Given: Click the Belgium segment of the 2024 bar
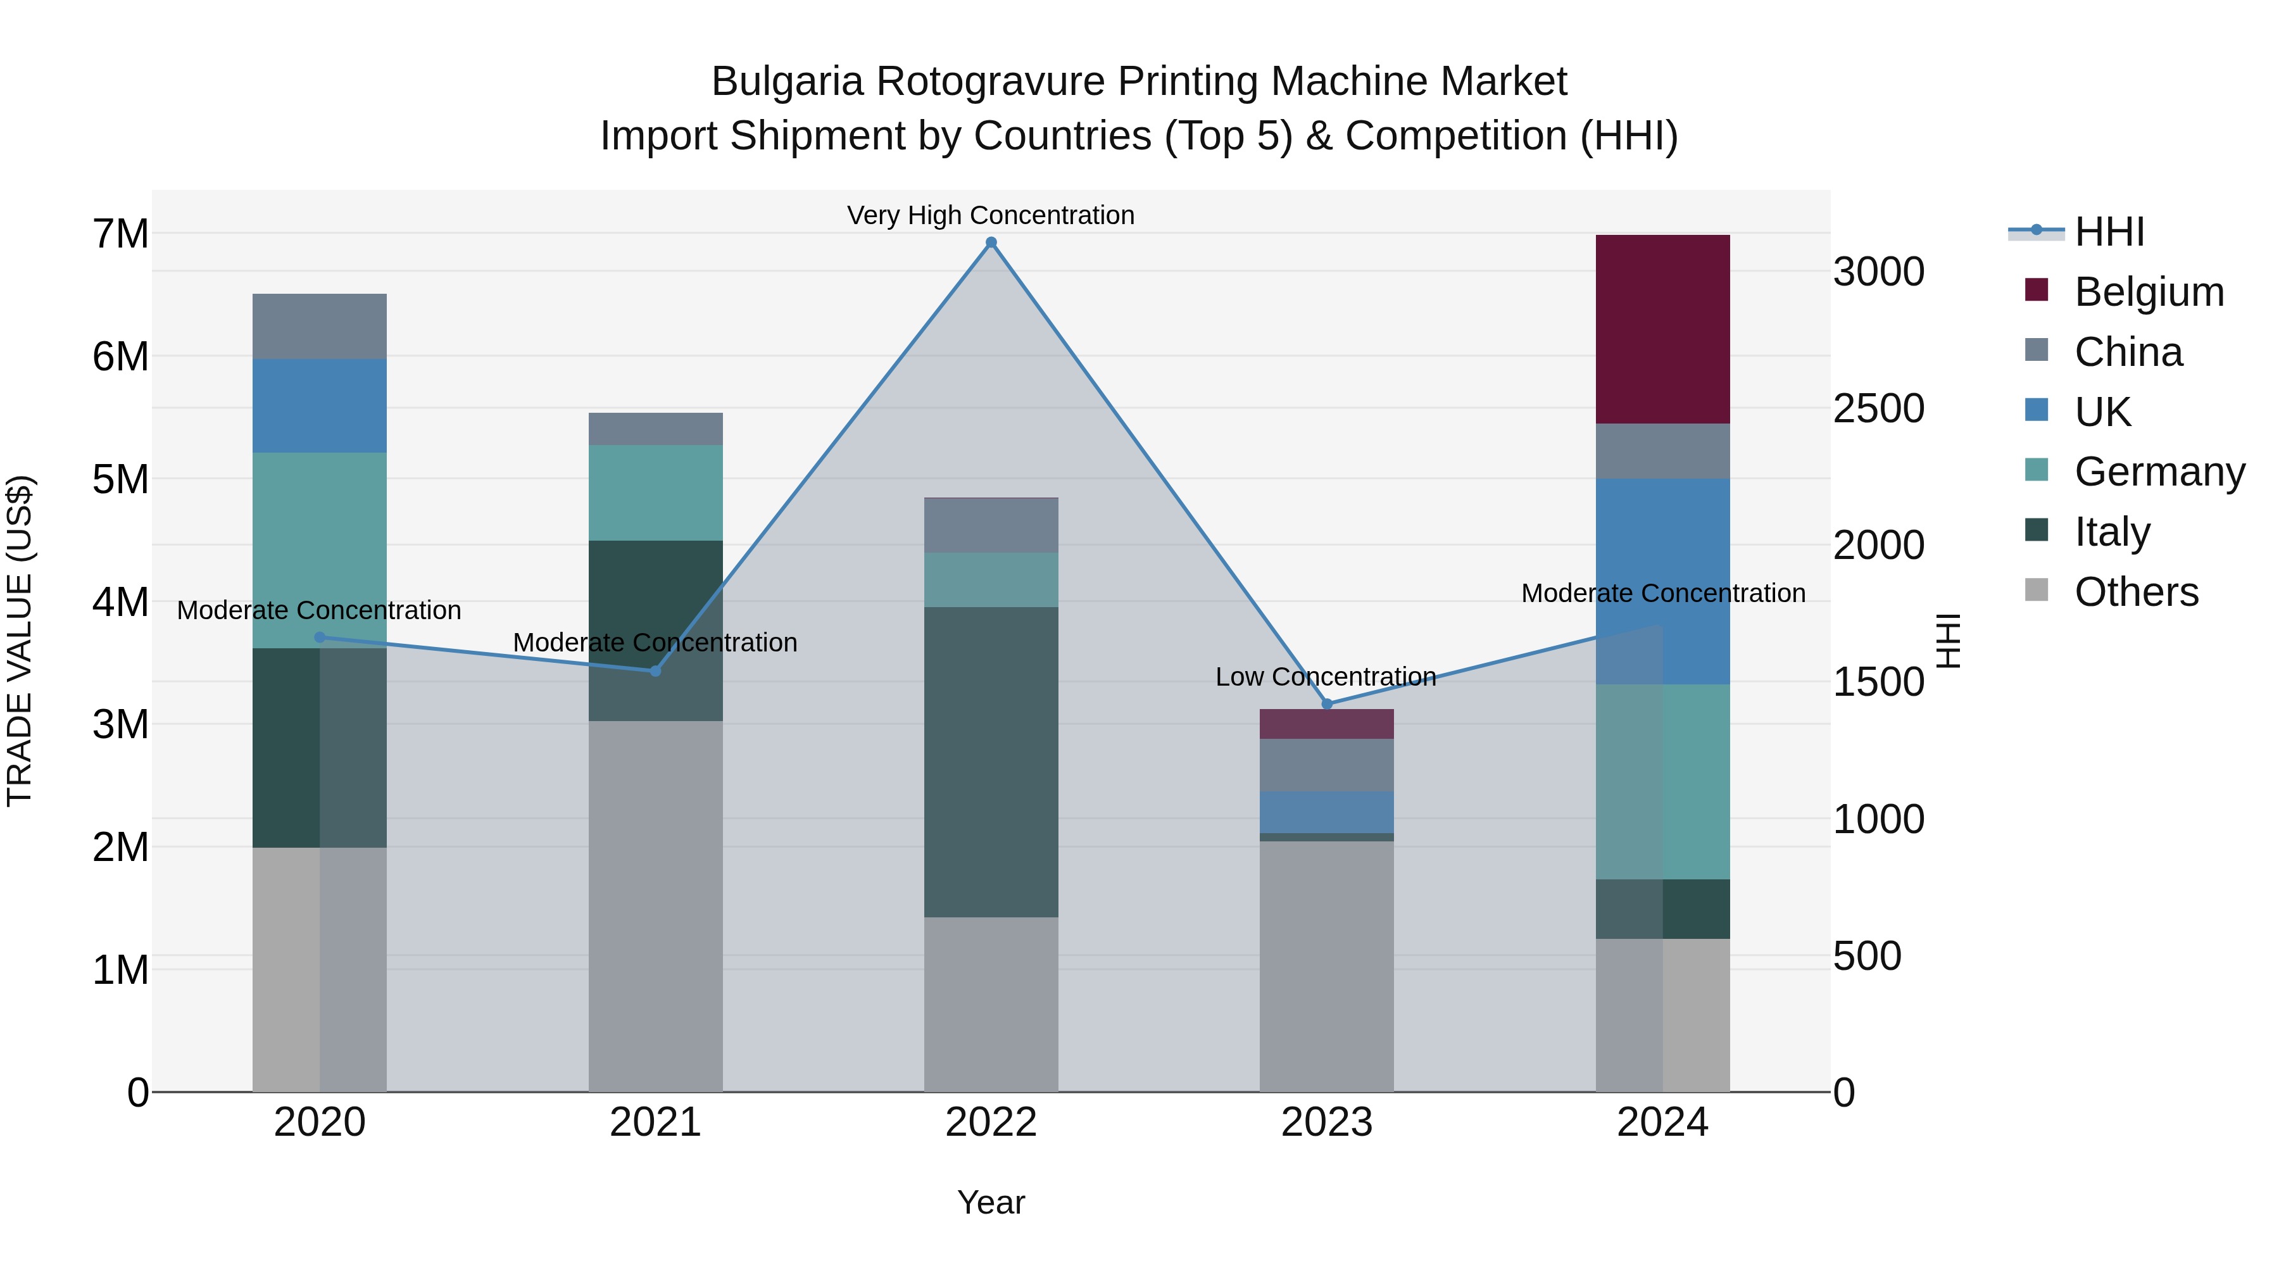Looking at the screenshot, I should point(1662,329).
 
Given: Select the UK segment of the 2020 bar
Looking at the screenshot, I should point(320,405).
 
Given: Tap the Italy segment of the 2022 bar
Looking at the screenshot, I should point(991,761).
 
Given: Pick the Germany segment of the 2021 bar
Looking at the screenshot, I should point(656,492).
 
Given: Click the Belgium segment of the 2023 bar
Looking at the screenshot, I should point(1326,724).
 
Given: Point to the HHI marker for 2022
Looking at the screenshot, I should point(991,242).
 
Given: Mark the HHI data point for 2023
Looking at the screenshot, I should point(1326,704).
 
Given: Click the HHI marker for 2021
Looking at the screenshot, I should point(656,670).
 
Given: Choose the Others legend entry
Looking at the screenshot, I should point(2136,592).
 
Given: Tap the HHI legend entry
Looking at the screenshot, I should point(2109,232).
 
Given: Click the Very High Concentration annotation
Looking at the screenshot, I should point(991,215).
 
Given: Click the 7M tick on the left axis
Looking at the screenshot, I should point(120,234).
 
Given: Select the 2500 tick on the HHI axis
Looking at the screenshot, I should point(1878,409).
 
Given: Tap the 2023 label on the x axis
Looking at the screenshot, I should point(1326,1122).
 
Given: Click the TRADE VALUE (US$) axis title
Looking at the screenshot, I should point(20,641).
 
